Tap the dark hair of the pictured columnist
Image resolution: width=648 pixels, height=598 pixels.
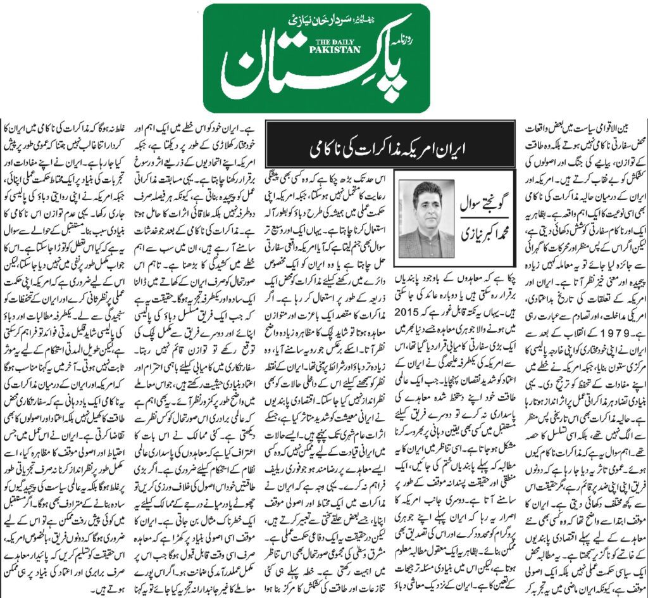(x=426, y=190)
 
